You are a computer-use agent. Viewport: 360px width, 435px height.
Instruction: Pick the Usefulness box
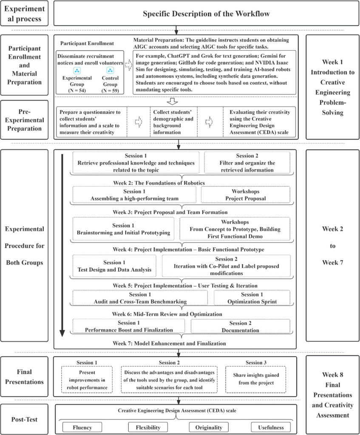pyautogui.click(x=270, y=427)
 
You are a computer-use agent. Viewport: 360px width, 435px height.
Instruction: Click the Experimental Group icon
pyautogui.click(x=77, y=71)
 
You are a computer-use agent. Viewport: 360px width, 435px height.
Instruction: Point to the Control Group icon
pyautogui.click(x=110, y=71)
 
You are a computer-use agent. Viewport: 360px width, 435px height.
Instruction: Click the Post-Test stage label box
pyautogui.click(x=25, y=419)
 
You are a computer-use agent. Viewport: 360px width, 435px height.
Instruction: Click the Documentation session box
pyautogui.click(x=240, y=326)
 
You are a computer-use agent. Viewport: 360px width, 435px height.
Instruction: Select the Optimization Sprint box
pyautogui.click(x=252, y=298)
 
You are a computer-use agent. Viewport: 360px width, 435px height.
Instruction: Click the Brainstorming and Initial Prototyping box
pyautogui.click(x=123, y=229)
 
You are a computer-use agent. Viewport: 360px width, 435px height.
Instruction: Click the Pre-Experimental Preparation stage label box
pyautogui.click(x=25, y=120)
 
